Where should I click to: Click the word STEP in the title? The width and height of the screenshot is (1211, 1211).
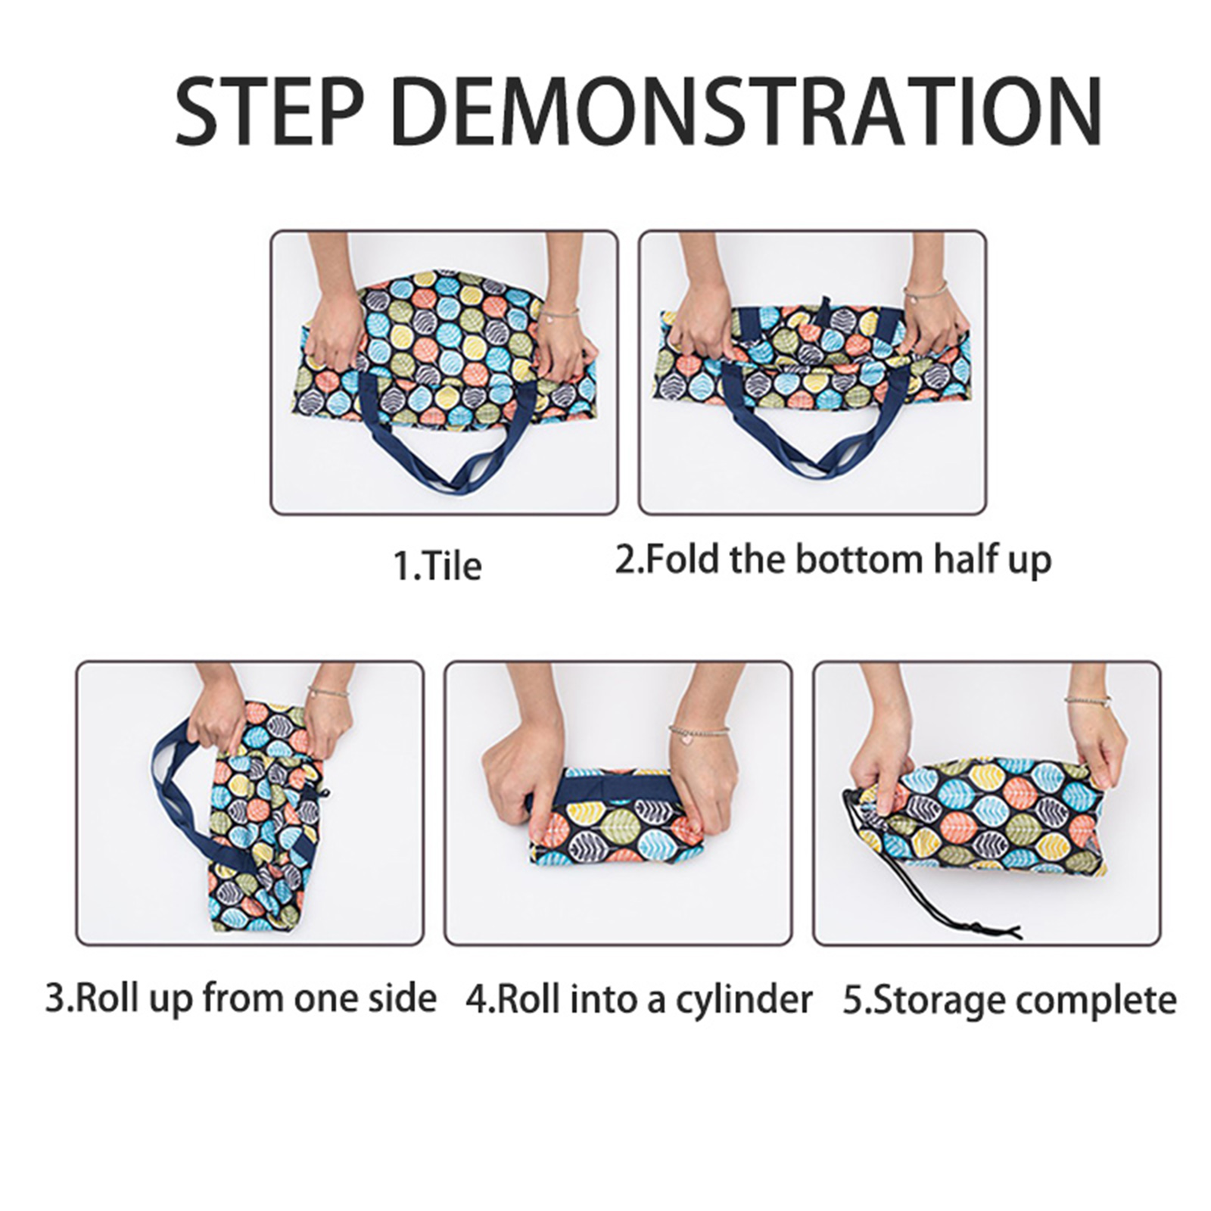(x=269, y=111)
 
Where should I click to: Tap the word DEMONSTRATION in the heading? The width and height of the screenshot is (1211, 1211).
(x=747, y=111)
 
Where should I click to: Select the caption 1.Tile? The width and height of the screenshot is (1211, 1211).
(x=437, y=565)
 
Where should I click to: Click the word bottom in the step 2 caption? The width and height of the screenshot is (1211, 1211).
(x=860, y=559)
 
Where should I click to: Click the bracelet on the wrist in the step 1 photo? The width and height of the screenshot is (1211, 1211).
(x=559, y=310)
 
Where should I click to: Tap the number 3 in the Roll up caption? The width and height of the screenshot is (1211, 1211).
(x=54, y=998)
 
